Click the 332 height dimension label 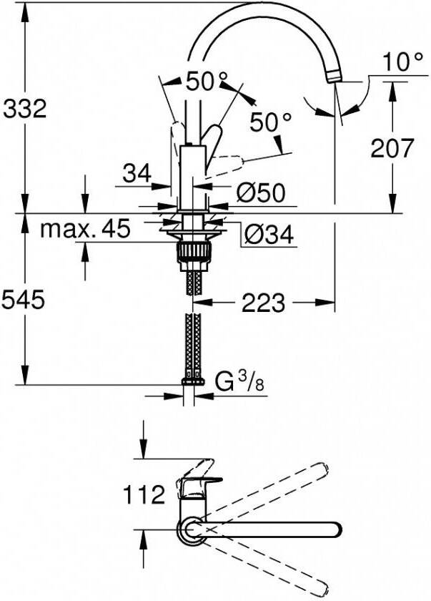[x=24, y=109]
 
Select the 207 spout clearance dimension [x=392, y=149]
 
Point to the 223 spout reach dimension [x=264, y=303]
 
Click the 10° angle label [x=397, y=63]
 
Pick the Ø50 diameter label [x=260, y=192]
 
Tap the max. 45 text [x=85, y=230]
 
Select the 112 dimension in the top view [x=144, y=494]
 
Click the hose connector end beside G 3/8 [x=191, y=382]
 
